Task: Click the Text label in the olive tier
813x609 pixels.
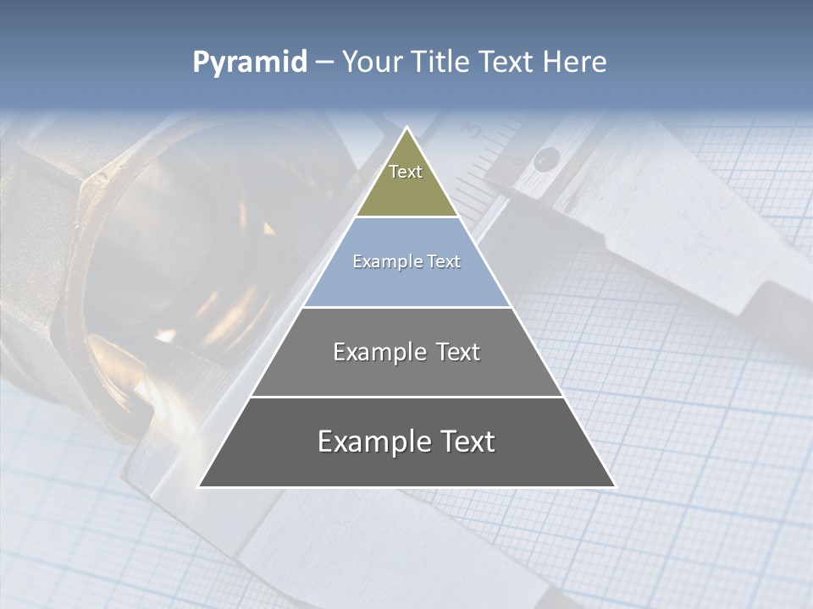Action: pyautogui.click(x=406, y=172)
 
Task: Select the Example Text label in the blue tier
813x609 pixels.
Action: pyautogui.click(x=406, y=261)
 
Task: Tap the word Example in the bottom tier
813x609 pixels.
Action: pyautogui.click(x=371, y=442)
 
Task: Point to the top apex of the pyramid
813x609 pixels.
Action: pyautogui.click(x=406, y=129)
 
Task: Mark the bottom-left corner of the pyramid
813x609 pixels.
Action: pyautogui.click(x=200, y=486)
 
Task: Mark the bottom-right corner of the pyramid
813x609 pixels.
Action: pyautogui.click(x=614, y=486)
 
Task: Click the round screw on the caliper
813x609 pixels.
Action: pyautogui.click(x=548, y=156)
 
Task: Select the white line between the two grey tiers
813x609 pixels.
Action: pyautogui.click(x=406, y=397)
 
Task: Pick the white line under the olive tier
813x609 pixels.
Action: pyautogui.click(x=406, y=217)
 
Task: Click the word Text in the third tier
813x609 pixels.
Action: pyautogui.click(x=455, y=352)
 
